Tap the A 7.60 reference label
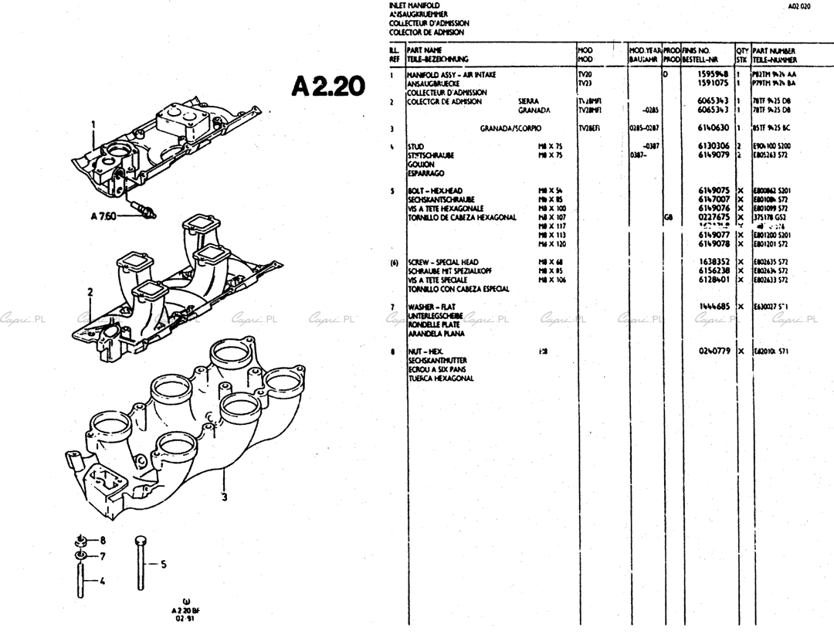tap(103, 216)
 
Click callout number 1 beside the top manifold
tap(93, 124)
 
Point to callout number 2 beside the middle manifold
tap(90, 292)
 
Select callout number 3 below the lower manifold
tap(225, 497)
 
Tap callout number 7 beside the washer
tap(103, 556)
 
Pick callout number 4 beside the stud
tap(103, 580)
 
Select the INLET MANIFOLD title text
tap(415, 5)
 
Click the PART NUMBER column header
tap(775, 51)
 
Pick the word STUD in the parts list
tap(415, 146)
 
